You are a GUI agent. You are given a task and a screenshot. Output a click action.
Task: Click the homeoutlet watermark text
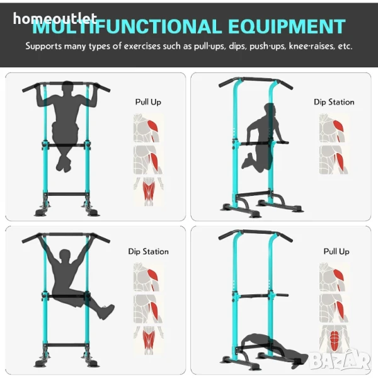55,18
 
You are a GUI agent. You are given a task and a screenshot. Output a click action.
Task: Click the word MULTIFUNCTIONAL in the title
127,26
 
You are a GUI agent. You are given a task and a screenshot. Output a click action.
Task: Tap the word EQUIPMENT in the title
287,26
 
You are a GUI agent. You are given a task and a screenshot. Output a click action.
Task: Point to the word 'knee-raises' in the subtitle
312,46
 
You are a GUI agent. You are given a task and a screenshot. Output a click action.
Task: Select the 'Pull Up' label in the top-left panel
148,102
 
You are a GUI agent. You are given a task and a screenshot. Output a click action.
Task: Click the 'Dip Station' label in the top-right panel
334,102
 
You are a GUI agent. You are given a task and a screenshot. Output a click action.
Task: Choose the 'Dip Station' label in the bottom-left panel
148,251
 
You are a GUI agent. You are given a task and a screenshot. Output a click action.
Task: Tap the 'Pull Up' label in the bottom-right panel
336,251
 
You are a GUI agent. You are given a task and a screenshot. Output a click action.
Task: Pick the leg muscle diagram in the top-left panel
149,192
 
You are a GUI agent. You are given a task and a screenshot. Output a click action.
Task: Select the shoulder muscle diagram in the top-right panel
334,128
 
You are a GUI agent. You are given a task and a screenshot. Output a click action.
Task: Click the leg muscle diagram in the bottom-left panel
149,340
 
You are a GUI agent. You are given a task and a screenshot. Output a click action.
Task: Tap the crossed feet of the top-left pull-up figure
64,164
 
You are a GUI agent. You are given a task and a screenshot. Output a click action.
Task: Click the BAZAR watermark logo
340,360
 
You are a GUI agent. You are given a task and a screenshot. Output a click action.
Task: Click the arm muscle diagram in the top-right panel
334,159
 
